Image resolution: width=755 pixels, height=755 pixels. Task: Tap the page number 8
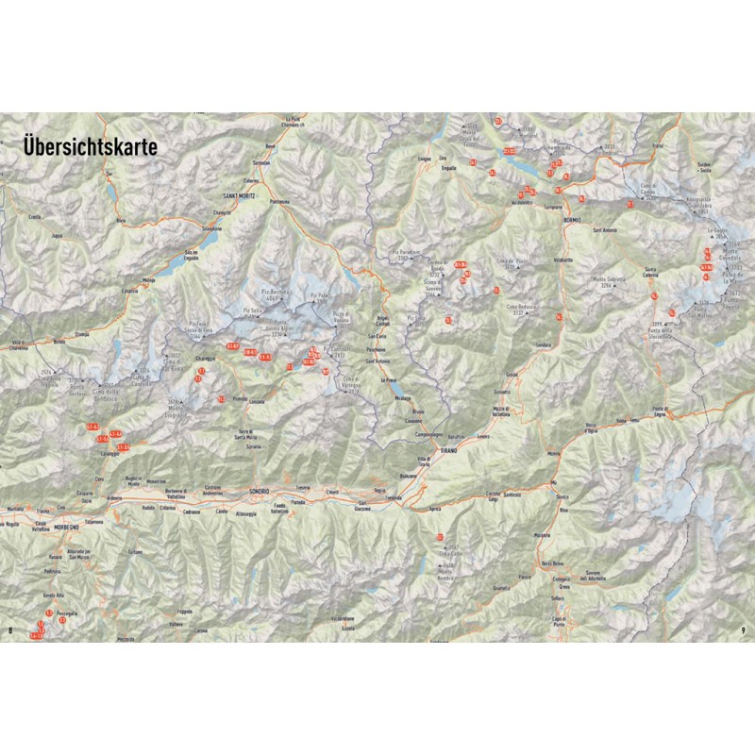[x=9, y=630]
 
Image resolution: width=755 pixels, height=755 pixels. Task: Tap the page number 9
[x=745, y=630]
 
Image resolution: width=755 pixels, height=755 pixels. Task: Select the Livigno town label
[x=424, y=159]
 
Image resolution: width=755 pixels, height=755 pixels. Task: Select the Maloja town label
[x=148, y=280]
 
